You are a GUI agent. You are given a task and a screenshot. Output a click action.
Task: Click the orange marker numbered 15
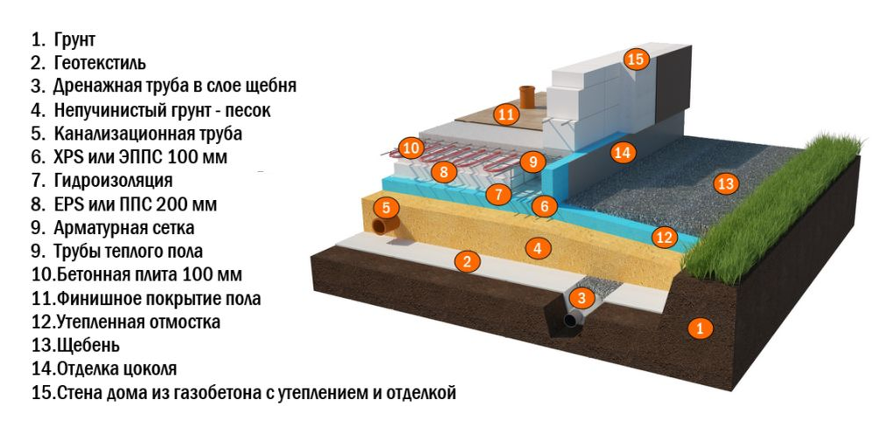[x=635, y=59]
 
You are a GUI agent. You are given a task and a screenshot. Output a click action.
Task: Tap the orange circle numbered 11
[x=506, y=114]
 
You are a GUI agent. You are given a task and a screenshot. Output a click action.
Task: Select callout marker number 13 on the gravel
[x=725, y=183]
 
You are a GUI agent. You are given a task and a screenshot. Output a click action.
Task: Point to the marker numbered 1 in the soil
[x=698, y=328]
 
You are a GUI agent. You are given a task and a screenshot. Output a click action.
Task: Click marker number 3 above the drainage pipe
[x=581, y=298]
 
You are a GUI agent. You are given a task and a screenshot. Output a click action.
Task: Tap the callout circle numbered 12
[x=664, y=237]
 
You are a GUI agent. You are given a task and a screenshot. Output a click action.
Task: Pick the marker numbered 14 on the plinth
[x=621, y=152]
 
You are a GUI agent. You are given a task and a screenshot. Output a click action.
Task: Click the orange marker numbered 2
[x=467, y=260]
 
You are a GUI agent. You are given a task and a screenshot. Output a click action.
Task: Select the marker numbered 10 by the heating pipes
[x=410, y=147]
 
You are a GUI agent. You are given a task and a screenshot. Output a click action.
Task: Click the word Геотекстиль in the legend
[x=100, y=63]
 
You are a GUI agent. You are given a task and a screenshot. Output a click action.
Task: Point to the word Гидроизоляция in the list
[x=113, y=181]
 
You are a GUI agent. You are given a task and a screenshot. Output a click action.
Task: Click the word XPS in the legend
[x=69, y=157]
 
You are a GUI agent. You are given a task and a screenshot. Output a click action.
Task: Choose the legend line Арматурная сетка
[x=123, y=228]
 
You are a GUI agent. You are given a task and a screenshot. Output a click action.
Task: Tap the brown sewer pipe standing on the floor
[x=527, y=93]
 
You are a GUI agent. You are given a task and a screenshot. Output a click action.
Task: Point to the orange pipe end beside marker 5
[x=383, y=226]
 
